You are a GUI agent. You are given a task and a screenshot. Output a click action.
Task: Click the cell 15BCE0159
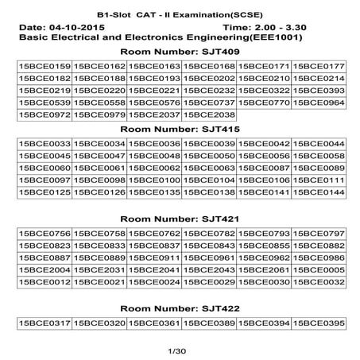coord(44,65)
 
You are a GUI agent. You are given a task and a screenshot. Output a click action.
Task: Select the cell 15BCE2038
coord(209,114)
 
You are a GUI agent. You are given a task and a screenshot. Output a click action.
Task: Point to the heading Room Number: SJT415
coord(180,129)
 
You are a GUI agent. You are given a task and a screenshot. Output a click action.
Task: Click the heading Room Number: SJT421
coord(180,219)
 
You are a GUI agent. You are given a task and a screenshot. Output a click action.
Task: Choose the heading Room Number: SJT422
coord(180,308)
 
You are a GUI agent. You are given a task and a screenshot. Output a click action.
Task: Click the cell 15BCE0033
coord(44,143)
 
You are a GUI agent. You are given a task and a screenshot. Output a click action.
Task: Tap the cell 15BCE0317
coord(44,323)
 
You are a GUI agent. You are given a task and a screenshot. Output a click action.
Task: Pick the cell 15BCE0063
coord(209,168)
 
